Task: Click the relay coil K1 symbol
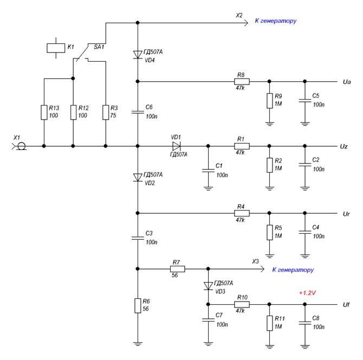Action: click(x=56, y=48)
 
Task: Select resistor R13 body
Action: click(x=44, y=113)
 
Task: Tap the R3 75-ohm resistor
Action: click(x=106, y=113)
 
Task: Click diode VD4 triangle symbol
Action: click(x=138, y=55)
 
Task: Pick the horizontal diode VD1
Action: click(x=177, y=146)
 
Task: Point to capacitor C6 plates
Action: click(x=138, y=112)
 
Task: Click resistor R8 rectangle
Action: click(x=242, y=81)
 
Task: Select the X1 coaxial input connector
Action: click(x=20, y=146)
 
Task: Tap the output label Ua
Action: click(x=347, y=82)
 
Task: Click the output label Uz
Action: click(x=344, y=147)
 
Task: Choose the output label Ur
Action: click(x=346, y=214)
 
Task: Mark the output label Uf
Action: click(x=346, y=305)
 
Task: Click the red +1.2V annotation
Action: click(x=307, y=293)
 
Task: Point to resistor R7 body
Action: click(x=178, y=269)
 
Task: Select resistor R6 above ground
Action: click(x=138, y=306)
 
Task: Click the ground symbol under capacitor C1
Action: click(x=208, y=188)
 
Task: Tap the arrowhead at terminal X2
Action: click(x=246, y=23)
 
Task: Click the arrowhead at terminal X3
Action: click(x=262, y=269)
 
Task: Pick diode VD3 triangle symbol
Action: click(x=208, y=286)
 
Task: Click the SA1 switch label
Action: click(x=99, y=47)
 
